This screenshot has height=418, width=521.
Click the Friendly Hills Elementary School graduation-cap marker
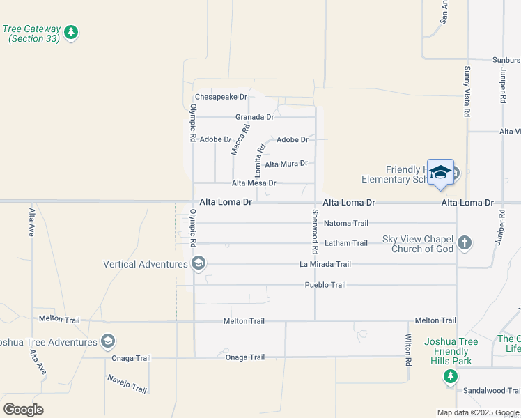(440, 172)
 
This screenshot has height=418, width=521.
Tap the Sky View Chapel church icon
(465, 244)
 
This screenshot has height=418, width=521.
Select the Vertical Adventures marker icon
(199, 263)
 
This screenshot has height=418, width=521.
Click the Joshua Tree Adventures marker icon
(107, 341)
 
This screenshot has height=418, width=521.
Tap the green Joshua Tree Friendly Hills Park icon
(451, 376)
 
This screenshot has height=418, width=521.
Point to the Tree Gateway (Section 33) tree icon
(70, 32)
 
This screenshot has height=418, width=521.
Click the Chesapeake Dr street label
(221, 97)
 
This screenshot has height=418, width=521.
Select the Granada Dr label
(254, 117)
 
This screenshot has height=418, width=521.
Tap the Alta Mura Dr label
(286, 164)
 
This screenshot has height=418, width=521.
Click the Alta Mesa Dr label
(254, 183)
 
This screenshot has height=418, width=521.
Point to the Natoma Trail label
(346, 224)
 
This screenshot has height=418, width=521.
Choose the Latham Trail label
(346, 243)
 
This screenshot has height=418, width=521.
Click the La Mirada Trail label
(325, 264)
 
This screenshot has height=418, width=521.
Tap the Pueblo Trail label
(325, 285)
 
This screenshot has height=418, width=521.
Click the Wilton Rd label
(409, 349)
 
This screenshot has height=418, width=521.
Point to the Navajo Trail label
(127, 384)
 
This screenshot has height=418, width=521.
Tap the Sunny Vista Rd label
(467, 91)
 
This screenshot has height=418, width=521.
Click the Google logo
(23, 410)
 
